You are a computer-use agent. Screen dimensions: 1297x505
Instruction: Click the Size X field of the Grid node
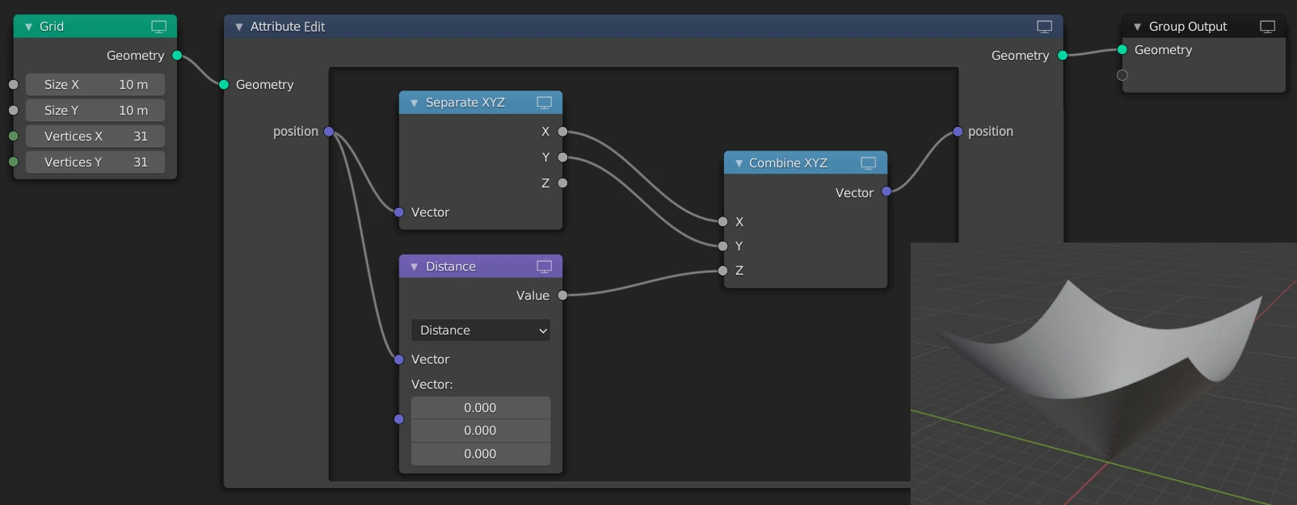[95, 85]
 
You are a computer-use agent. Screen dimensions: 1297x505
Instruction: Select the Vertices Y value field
[95, 162]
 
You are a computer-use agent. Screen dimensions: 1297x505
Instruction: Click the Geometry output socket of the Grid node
[177, 56]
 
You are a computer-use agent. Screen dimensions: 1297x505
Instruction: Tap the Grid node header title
[52, 27]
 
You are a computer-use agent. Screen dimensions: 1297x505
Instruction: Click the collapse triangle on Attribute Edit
[238, 27]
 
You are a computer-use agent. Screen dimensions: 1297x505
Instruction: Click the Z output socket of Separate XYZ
[562, 183]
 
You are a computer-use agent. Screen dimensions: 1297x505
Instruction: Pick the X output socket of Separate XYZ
[562, 132]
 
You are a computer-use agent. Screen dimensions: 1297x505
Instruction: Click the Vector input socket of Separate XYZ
[399, 212]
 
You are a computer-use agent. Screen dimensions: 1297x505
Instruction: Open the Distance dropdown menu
[481, 330]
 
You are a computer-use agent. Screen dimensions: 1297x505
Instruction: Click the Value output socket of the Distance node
[562, 296]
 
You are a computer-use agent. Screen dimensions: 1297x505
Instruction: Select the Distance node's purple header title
[450, 267]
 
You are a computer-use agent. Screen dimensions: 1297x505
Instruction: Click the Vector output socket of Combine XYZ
[886, 191]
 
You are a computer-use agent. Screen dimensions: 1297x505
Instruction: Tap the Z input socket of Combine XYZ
[722, 271]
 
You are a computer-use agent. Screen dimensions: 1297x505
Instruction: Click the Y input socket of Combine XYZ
[722, 246]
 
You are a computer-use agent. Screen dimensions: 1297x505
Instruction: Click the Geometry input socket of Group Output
[1122, 50]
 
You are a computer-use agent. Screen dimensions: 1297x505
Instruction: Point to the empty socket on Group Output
[1122, 75]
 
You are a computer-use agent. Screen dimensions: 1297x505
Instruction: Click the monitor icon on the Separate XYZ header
[545, 103]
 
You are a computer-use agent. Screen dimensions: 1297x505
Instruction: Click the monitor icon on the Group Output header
[1267, 27]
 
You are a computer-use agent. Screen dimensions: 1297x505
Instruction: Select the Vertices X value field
[95, 136]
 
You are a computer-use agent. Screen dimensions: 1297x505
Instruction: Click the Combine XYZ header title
[788, 162]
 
